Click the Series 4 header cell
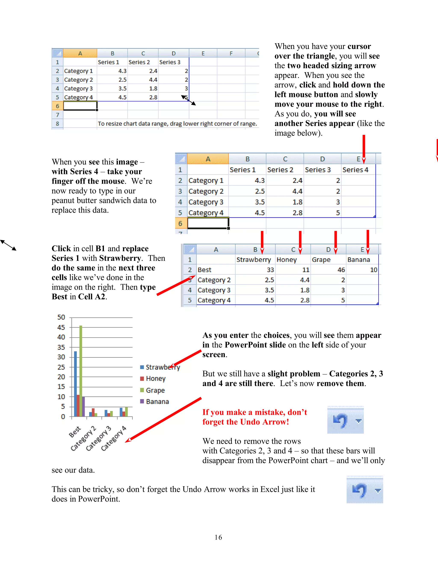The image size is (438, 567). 355,170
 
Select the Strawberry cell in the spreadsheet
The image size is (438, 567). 253,260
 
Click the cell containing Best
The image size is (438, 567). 204,270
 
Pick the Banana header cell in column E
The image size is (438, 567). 359,260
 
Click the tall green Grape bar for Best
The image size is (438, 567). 81,371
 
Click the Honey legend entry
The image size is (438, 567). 155,378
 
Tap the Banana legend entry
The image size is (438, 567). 157,402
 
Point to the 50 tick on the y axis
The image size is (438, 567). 61,317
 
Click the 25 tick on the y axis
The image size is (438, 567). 61,367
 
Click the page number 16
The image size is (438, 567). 218,537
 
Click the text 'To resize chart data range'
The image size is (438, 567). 177,124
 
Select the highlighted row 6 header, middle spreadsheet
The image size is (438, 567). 180,223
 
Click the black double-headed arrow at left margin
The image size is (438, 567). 8,245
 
